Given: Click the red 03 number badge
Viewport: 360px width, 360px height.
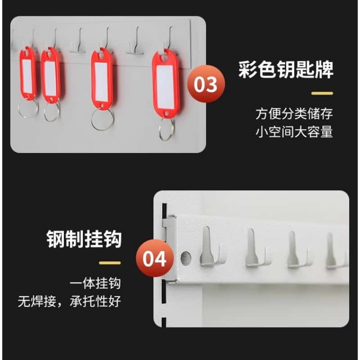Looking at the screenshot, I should coord(207,84).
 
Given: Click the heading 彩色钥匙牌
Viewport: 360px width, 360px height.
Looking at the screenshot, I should coord(286,71).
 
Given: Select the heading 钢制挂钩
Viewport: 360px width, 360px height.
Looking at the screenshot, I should coord(84,238).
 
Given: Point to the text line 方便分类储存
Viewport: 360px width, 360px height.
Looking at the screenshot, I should coord(294,113).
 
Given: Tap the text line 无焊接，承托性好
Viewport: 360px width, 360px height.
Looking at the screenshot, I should coord(70,301).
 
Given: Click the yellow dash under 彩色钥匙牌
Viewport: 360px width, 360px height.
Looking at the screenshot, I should coord(322,93).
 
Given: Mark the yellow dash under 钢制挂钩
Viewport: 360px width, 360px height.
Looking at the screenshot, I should coord(110,263).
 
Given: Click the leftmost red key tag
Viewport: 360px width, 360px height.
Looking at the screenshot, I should coord(27,75).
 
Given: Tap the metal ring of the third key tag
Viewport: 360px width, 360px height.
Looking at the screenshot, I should coord(102,119).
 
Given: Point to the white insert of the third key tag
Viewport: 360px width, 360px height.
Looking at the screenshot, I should coord(102,81).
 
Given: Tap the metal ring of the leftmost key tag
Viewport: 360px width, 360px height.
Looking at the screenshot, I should coord(28,108).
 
